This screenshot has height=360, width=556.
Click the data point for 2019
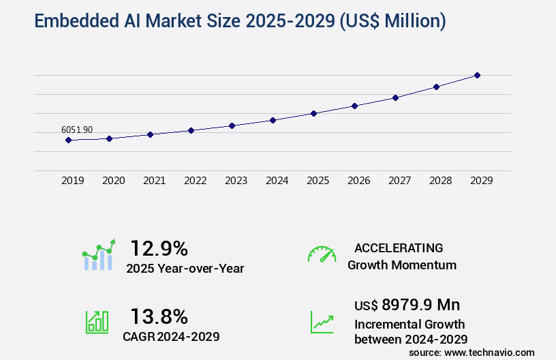pyautogui.click(x=68, y=140)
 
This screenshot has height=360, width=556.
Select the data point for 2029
pyautogui.click(x=477, y=75)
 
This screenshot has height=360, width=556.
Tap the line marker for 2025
pyautogui.click(x=313, y=113)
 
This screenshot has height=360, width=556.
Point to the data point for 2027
pyautogui.click(x=395, y=97)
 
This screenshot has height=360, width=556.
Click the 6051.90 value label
pyautogui.click(x=77, y=130)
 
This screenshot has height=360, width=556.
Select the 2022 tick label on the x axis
pyautogui.click(x=195, y=181)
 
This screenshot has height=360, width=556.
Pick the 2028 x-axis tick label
pyautogui.click(x=440, y=181)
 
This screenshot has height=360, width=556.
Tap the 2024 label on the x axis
pyautogui.click(x=277, y=181)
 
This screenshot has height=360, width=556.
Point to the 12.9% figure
pyautogui.click(x=159, y=248)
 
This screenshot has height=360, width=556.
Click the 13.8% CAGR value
pyautogui.click(x=159, y=316)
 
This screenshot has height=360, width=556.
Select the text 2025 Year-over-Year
pyautogui.click(x=185, y=269)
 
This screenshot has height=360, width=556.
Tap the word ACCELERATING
pyautogui.click(x=399, y=247)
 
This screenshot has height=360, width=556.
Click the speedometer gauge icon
pyautogui.click(x=322, y=254)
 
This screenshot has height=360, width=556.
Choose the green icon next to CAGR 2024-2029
pyautogui.click(x=97, y=322)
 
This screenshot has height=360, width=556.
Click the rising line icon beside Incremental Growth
pyautogui.click(x=322, y=322)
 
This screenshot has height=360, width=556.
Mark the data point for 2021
pyautogui.click(x=150, y=134)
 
